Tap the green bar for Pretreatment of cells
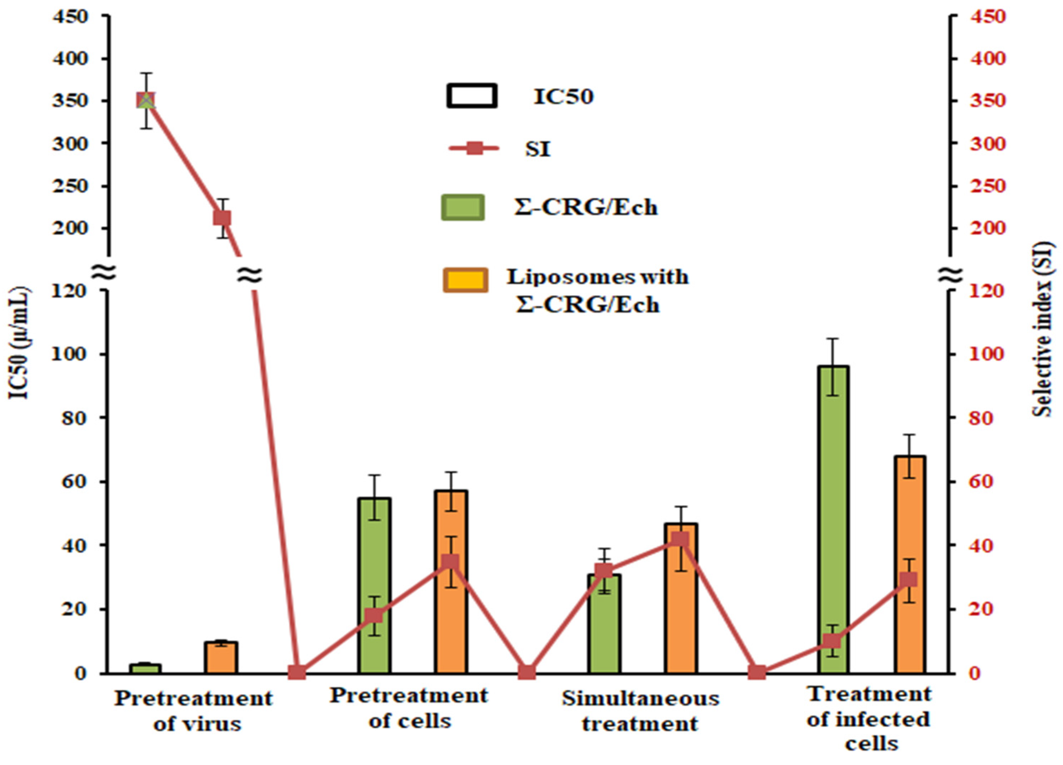coord(374,586)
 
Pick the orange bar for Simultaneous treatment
coord(681,609)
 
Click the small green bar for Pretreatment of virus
coord(145,668)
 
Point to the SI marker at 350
coord(146,100)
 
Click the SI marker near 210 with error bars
coord(222,218)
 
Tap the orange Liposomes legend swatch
coord(465,280)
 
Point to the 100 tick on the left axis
coord(75,354)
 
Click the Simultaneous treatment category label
coord(640,711)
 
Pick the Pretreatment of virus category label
coord(194,711)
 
